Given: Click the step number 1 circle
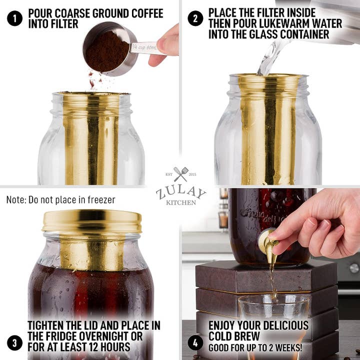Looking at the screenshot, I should coord(14,18).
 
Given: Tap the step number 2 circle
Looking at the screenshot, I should coord(195,18).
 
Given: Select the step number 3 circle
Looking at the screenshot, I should coord(14,342).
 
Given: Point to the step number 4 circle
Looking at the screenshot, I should coord(195,342).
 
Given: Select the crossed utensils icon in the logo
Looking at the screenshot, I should coord(180,174).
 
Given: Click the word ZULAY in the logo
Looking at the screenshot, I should coord(180,192).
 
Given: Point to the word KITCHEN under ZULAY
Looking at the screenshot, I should coord(180,202).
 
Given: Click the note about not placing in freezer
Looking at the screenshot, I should coord(60,200).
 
